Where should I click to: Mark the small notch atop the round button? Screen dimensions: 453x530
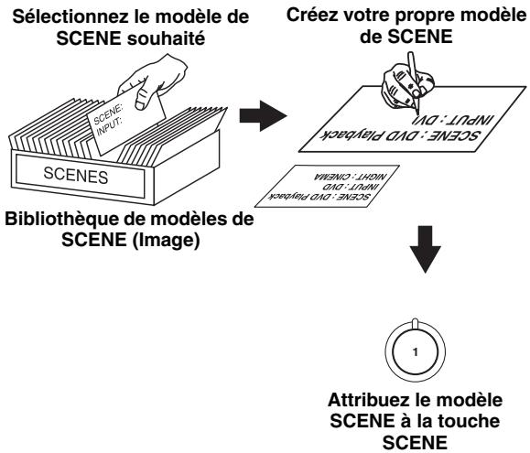(x=416, y=324)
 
